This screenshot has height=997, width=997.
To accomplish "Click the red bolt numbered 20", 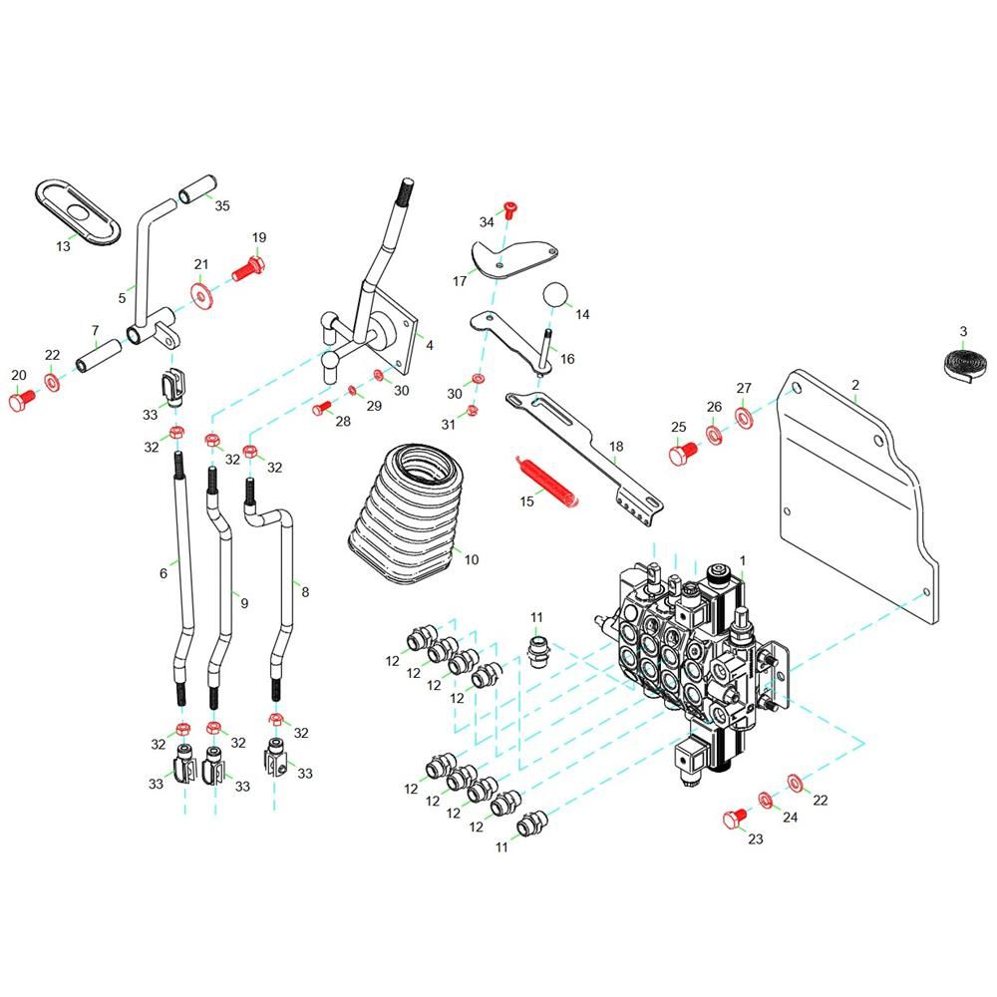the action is tap(22, 400).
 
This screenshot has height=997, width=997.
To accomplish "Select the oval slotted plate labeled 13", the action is tap(78, 211).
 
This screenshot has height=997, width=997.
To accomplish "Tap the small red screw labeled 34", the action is tap(510, 209).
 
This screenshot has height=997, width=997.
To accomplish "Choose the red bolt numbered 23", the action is tap(737, 818).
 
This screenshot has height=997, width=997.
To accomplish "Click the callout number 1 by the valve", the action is tap(743, 560).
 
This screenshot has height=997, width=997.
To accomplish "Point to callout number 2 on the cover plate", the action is tap(855, 385).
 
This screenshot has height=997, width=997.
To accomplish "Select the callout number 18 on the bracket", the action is tap(616, 447).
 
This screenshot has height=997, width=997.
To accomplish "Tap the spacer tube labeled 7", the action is tap(99, 356).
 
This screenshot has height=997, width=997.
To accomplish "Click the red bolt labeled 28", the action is tap(322, 408).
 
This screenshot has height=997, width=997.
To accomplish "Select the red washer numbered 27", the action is tap(744, 417).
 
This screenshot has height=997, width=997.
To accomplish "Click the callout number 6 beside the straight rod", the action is tap(164, 573).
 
